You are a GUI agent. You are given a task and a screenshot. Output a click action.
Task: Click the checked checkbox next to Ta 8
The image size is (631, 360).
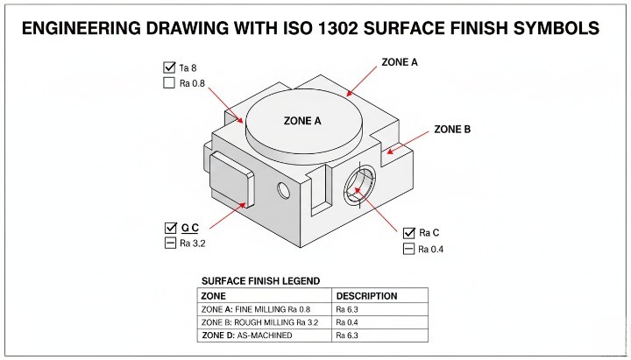(x=169, y=67)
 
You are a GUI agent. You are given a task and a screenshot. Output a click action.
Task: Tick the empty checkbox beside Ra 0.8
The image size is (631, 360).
(x=169, y=84)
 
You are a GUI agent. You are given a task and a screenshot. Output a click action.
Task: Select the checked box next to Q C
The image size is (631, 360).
(x=170, y=228)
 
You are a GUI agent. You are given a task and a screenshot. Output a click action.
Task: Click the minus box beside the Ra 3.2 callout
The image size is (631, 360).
(x=170, y=244)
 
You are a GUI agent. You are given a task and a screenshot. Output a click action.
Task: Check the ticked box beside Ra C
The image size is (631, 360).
(x=408, y=233)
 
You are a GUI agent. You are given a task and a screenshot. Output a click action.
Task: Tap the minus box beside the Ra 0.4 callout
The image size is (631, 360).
(x=408, y=250)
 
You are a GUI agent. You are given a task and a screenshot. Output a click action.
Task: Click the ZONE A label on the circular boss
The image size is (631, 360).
(x=303, y=121)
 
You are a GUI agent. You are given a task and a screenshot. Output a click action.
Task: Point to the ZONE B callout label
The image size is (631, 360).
(x=452, y=130)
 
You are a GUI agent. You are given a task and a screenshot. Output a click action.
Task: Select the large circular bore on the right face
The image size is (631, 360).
(x=359, y=185)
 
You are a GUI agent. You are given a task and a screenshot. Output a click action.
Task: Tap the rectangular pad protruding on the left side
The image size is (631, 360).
(x=230, y=179)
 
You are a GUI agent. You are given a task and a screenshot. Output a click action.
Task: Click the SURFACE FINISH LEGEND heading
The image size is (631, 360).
(x=260, y=281)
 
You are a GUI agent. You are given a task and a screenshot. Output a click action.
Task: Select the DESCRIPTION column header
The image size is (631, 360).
(x=366, y=296)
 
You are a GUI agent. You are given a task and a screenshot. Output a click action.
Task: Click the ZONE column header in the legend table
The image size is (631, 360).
(x=214, y=296)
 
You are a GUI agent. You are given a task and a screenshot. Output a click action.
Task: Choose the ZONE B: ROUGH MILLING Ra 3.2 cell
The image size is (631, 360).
(x=266, y=322)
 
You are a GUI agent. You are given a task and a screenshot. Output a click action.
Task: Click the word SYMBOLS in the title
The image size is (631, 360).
(x=551, y=29)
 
